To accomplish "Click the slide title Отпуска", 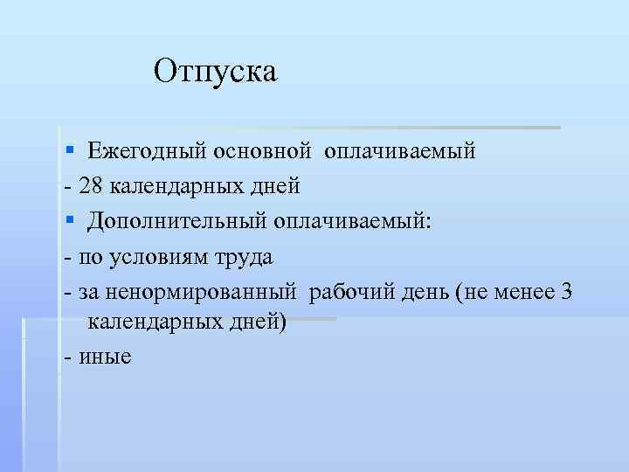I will tap(215, 71).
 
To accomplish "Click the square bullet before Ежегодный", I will tap(70, 151).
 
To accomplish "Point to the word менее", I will tap(523, 292).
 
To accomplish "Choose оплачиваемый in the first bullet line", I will tap(400, 151).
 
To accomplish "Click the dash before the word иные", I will tap(67, 356).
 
